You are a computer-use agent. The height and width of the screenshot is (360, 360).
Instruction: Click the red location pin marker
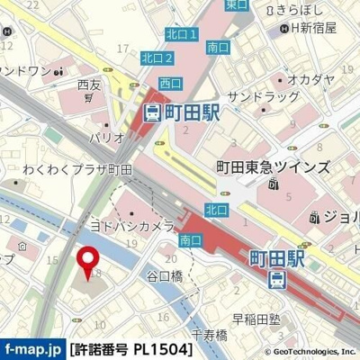pos(88,260)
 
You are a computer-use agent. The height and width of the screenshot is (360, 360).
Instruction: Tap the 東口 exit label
pos(237,4)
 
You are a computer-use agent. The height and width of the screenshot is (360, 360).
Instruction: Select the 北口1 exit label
pos(181,34)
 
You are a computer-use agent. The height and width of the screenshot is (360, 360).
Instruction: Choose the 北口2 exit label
pos(157,58)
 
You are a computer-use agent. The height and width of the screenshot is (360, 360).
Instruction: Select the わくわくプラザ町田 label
pos(77,168)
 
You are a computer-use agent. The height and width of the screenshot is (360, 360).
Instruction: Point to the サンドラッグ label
pos(263,95)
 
